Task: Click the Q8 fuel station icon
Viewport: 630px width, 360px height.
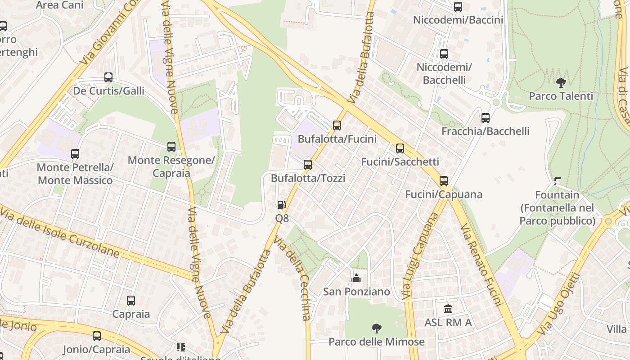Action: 281,205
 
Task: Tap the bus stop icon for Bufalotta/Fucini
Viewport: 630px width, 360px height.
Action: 337,126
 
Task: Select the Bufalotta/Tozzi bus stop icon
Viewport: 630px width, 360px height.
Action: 308,165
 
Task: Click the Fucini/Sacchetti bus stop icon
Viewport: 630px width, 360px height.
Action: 400,148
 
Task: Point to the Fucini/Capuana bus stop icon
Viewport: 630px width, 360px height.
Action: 444,181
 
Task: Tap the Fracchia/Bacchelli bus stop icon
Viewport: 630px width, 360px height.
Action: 486,118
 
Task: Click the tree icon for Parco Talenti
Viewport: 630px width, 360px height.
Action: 561,83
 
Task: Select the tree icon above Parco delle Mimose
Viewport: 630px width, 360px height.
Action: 377,328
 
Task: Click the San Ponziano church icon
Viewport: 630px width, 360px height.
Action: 356,278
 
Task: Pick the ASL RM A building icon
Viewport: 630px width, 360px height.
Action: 448,309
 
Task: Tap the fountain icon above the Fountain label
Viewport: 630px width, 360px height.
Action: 558,181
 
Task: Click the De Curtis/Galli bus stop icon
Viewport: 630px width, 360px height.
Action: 108,77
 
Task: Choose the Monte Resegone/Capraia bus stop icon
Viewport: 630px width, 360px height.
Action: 171,147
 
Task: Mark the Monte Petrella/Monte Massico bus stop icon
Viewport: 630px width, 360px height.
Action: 75,154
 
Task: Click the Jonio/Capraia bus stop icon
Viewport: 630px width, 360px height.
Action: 97,336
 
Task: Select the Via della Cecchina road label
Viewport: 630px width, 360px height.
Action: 293,279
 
